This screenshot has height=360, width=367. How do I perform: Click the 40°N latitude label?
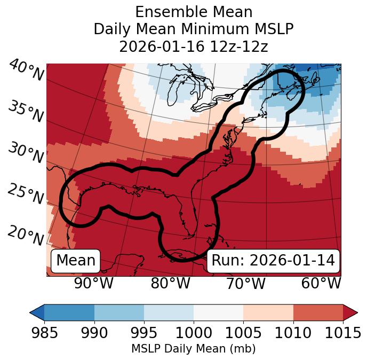(x=26, y=71)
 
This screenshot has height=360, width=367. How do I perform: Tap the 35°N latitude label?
(x=25, y=112)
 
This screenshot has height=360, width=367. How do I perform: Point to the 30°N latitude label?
(x=25, y=153)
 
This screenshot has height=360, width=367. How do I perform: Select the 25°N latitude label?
(x=25, y=194)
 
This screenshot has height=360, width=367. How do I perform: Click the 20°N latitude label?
(x=25, y=235)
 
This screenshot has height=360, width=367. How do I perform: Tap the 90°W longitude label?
(x=94, y=283)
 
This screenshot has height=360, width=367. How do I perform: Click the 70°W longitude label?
(x=245, y=283)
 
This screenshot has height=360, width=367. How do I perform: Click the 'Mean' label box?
(x=76, y=261)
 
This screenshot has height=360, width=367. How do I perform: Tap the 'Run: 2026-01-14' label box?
(x=273, y=261)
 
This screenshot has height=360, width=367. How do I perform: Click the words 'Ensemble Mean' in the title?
(x=194, y=12)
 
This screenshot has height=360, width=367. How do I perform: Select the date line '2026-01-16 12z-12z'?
(x=194, y=46)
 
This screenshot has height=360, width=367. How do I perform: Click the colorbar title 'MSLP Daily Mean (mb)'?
(x=194, y=349)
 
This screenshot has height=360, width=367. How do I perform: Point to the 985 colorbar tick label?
(x=44, y=333)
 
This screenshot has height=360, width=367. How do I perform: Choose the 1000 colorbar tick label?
(x=194, y=333)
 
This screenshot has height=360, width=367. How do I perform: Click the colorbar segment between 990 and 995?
(x=119, y=312)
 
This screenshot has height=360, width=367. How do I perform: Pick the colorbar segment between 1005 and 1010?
(x=268, y=312)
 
